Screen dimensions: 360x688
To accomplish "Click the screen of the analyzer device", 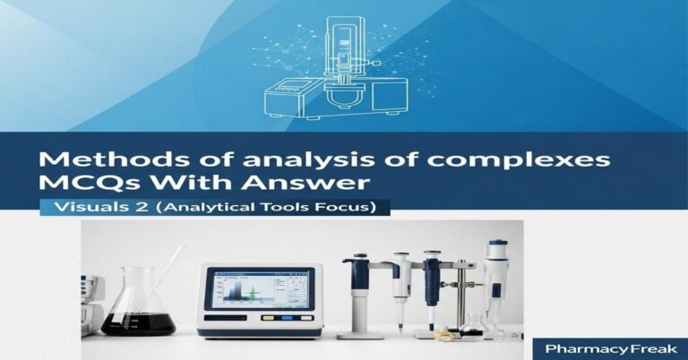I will pos(259,288).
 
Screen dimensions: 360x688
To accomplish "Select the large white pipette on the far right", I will pos(494,278).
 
